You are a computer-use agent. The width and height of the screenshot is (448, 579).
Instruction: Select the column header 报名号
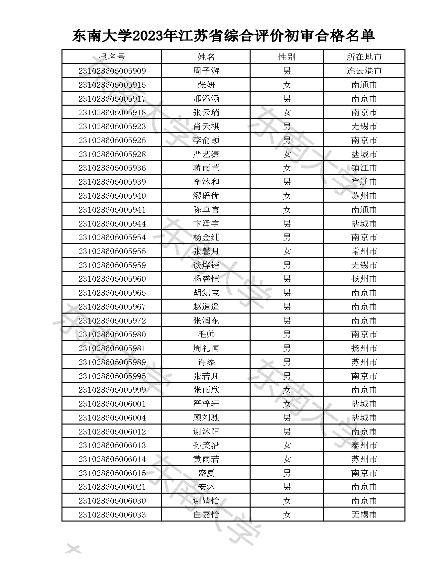point(112,57)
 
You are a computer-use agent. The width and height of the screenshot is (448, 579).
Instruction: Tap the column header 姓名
point(206,57)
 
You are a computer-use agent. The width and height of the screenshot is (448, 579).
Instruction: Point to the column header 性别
point(286,57)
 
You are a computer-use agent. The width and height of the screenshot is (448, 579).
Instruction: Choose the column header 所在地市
point(364,57)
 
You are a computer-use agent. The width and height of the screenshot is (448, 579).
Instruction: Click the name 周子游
point(206,71)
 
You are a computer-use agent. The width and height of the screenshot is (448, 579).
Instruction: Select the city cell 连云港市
point(364,71)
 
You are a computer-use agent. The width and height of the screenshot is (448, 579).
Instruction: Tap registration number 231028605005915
point(112,85)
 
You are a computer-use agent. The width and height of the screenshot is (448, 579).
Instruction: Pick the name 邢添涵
point(206,99)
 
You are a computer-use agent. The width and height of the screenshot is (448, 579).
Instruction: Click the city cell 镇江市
point(364,168)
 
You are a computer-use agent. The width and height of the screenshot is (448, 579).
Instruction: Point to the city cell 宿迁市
point(364,182)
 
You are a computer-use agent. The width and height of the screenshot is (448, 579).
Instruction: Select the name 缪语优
point(206,196)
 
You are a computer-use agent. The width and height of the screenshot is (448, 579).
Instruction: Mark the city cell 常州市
point(364,251)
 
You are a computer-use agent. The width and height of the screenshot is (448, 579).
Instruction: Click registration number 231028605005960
point(112,279)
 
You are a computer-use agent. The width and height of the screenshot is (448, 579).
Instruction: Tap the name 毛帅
point(206,335)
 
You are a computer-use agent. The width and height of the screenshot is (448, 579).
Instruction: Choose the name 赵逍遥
point(206,307)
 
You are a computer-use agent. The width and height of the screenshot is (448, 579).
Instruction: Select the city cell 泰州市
point(364,445)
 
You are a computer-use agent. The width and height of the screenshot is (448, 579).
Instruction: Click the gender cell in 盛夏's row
point(286,473)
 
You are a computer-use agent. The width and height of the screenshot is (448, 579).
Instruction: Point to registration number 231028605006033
point(112,515)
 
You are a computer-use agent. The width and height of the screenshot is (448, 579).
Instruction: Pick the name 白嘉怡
point(206,515)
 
